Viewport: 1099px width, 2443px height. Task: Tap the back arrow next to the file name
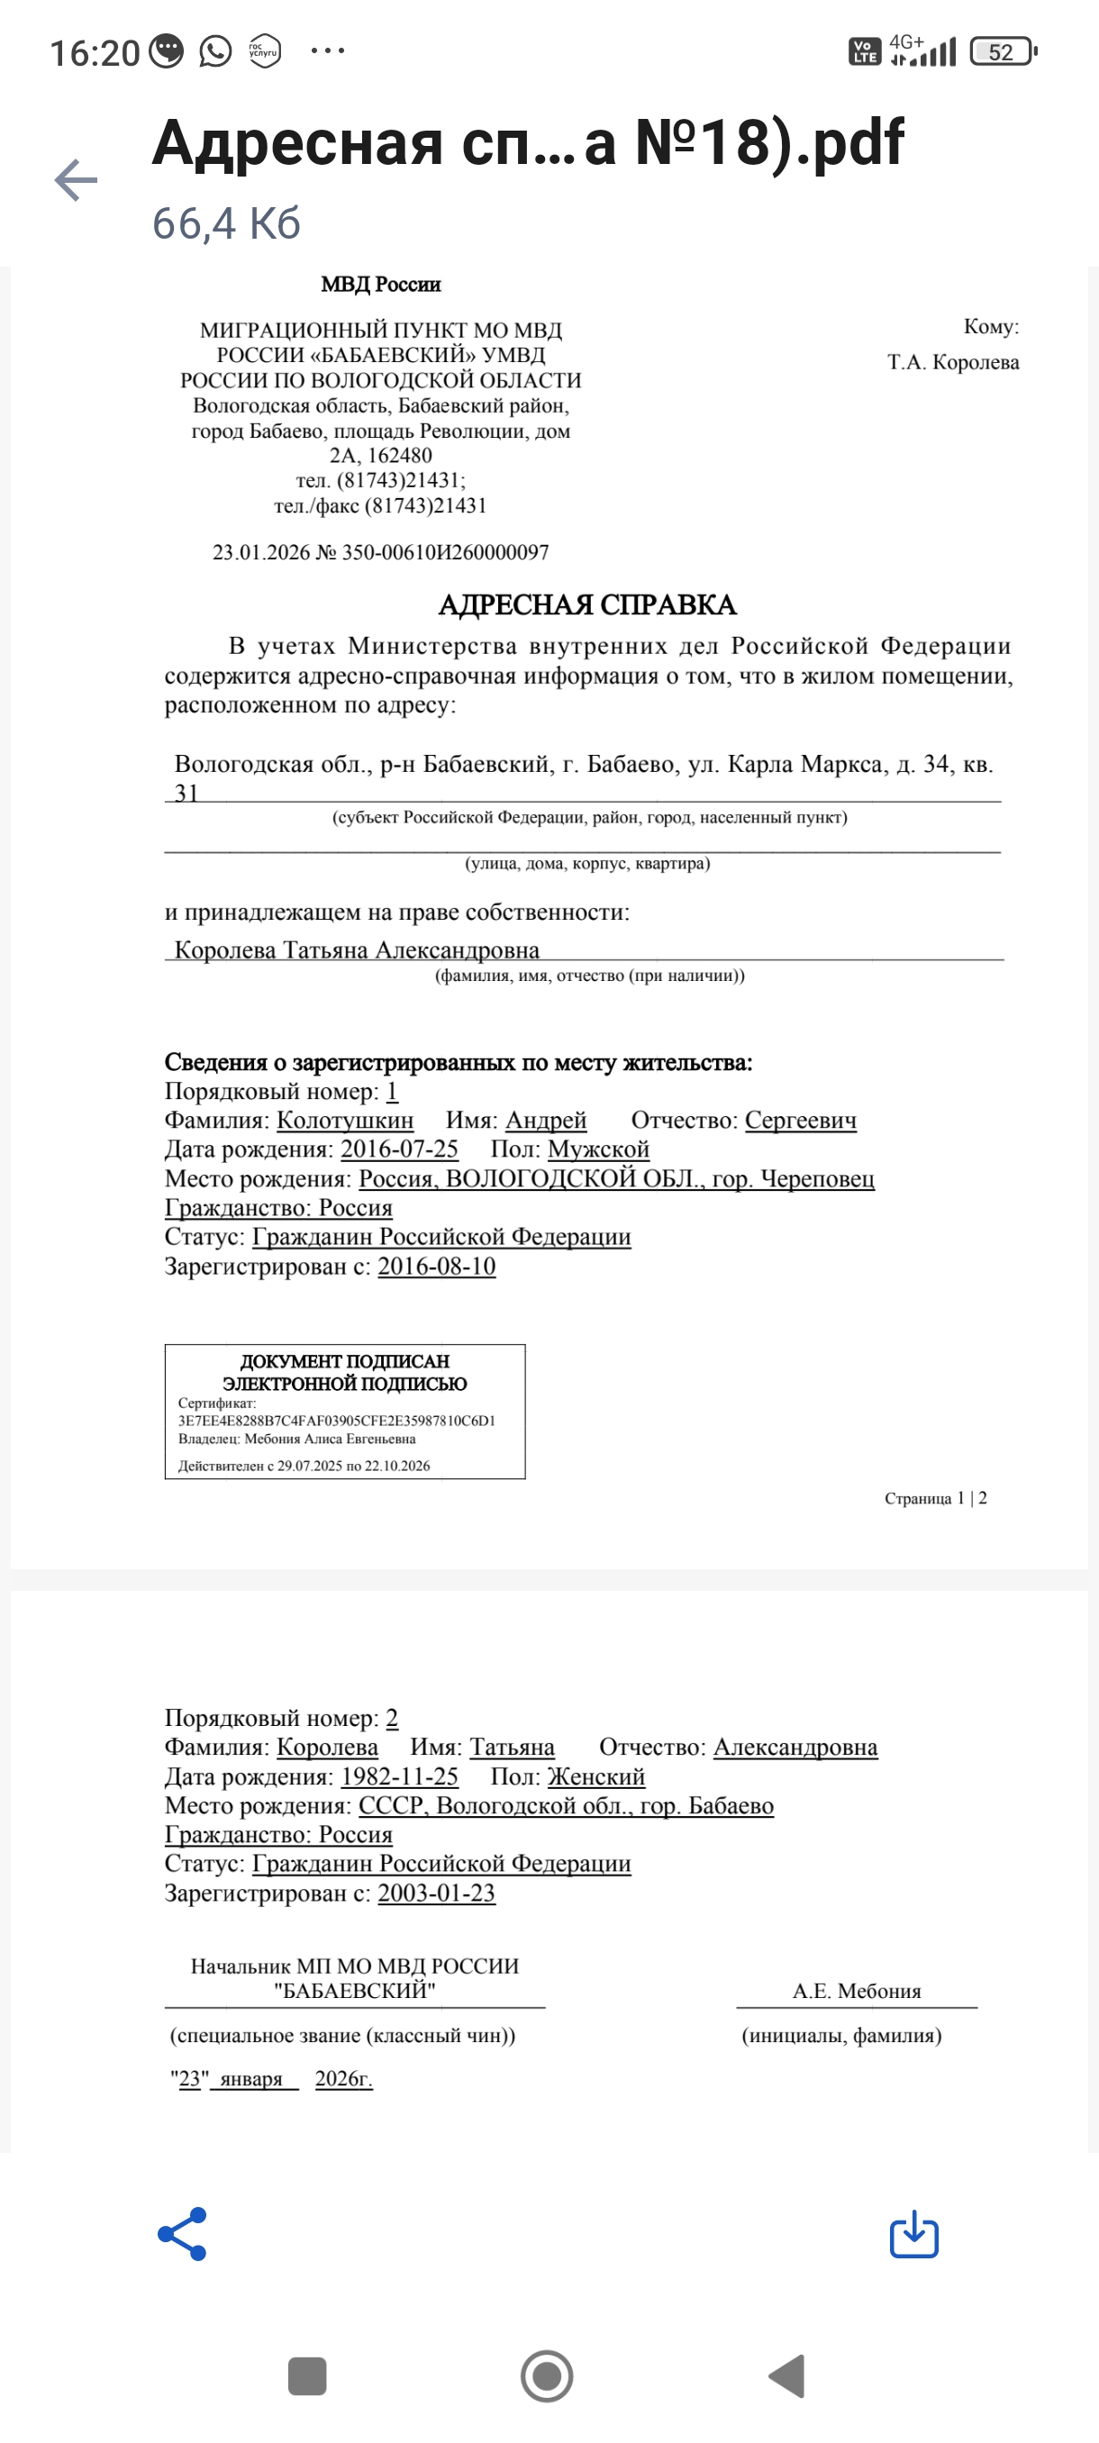[x=77, y=180]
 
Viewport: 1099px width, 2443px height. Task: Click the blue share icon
[x=182, y=2233]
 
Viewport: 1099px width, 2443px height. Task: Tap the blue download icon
[x=913, y=2233]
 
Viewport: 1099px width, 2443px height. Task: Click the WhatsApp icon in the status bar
[x=215, y=51]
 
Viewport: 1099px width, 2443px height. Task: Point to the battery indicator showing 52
[x=1003, y=52]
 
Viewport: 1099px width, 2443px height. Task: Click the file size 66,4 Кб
[x=227, y=223]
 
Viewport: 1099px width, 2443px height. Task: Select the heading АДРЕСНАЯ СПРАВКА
[x=587, y=605]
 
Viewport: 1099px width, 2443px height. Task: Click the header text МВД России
[x=380, y=285]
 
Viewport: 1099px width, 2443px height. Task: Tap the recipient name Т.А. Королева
[x=952, y=362]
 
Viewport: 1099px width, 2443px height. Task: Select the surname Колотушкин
[x=345, y=1120]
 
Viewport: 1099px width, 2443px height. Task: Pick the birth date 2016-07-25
[x=399, y=1149]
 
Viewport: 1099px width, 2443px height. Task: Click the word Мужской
[x=598, y=1149]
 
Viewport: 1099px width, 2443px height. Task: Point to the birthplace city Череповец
[x=817, y=1179]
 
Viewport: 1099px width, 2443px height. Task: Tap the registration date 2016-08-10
[x=436, y=1266]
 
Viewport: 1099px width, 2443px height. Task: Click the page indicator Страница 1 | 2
[x=935, y=1497]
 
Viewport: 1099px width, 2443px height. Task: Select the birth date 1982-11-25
[x=399, y=1776]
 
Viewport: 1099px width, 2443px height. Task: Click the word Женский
[x=595, y=1776]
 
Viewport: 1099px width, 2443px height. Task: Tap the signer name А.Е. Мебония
[x=857, y=1991]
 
